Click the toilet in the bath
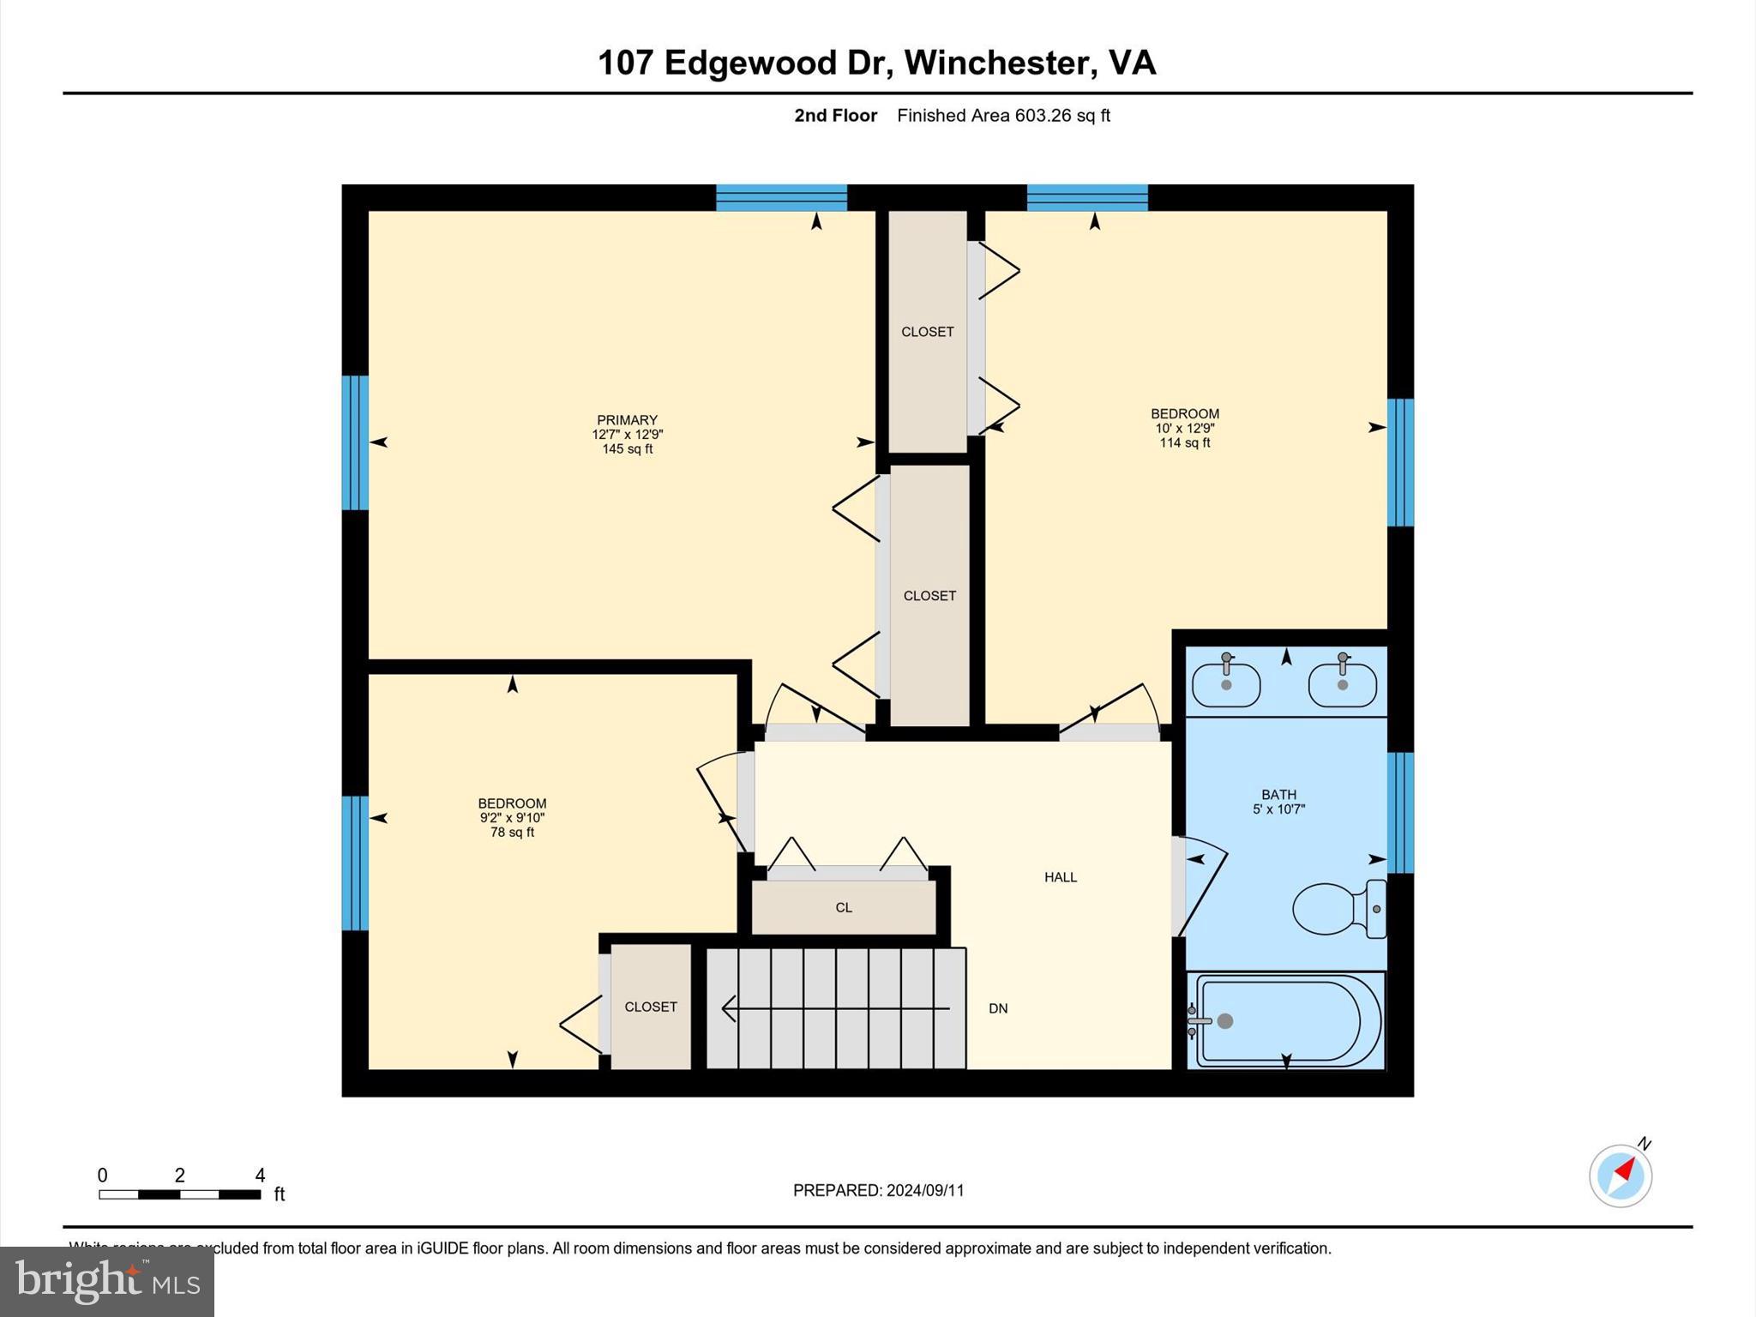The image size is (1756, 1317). coord(1338,909)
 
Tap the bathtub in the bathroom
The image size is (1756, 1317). coord(1286,1020)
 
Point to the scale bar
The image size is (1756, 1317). coord(179,1194)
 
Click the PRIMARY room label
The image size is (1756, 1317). coord(627,420)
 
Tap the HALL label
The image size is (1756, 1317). coord(1061,877)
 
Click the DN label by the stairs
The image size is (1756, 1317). coord(998,1008)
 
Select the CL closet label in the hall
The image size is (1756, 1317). coord(844,907)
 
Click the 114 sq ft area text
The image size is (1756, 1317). coord(1185,442)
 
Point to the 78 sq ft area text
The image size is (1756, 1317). coord(512,832)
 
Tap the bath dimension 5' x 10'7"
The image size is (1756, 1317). coord(1278,809)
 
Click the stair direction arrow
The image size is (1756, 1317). coord(836,1008)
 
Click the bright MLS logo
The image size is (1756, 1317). coord(107,1281)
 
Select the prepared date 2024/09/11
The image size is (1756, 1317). coord(925,1190)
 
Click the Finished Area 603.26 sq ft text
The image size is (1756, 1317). coord(1003,116)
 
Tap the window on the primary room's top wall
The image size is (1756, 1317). coord(781,198)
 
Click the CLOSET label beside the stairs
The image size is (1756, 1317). coord(651,1007)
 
